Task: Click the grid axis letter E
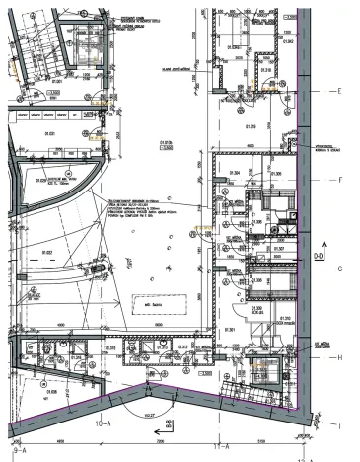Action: pos(338,91)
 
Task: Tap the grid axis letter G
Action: pos(338,268)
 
